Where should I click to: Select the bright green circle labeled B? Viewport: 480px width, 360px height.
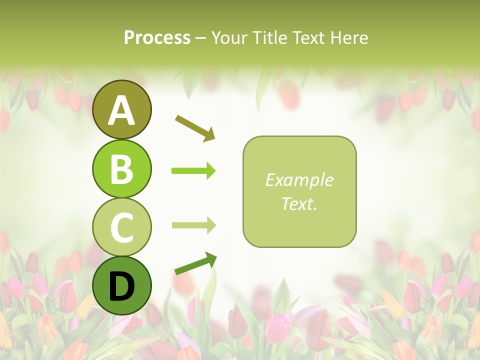pyautogui.click(x=121, y=168)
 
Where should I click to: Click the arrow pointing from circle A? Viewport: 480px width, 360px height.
pyautogui.click(x=195, y=127)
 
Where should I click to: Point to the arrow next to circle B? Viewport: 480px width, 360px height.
pyautogui.click(x=193, y=171)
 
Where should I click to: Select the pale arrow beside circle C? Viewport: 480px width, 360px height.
pyautogui.click(x=193, y=225)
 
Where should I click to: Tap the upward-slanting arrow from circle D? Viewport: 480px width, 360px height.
pyautogui.click(x=195, y=264)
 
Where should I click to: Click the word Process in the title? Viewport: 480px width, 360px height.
pyautogui.click(x=157, y=38)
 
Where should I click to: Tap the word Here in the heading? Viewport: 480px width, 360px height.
pyautogui.click(x=349, y=38)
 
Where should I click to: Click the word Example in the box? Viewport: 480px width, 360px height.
pyautogui.click(x=299, y=180)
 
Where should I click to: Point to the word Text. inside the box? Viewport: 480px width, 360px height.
pyautogui.click(x=299, y=203)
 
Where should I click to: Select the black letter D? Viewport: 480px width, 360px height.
pyautogui.click(x=121, y=286)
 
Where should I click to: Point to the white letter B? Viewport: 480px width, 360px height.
pyautogui.click(x=121, y=168)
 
